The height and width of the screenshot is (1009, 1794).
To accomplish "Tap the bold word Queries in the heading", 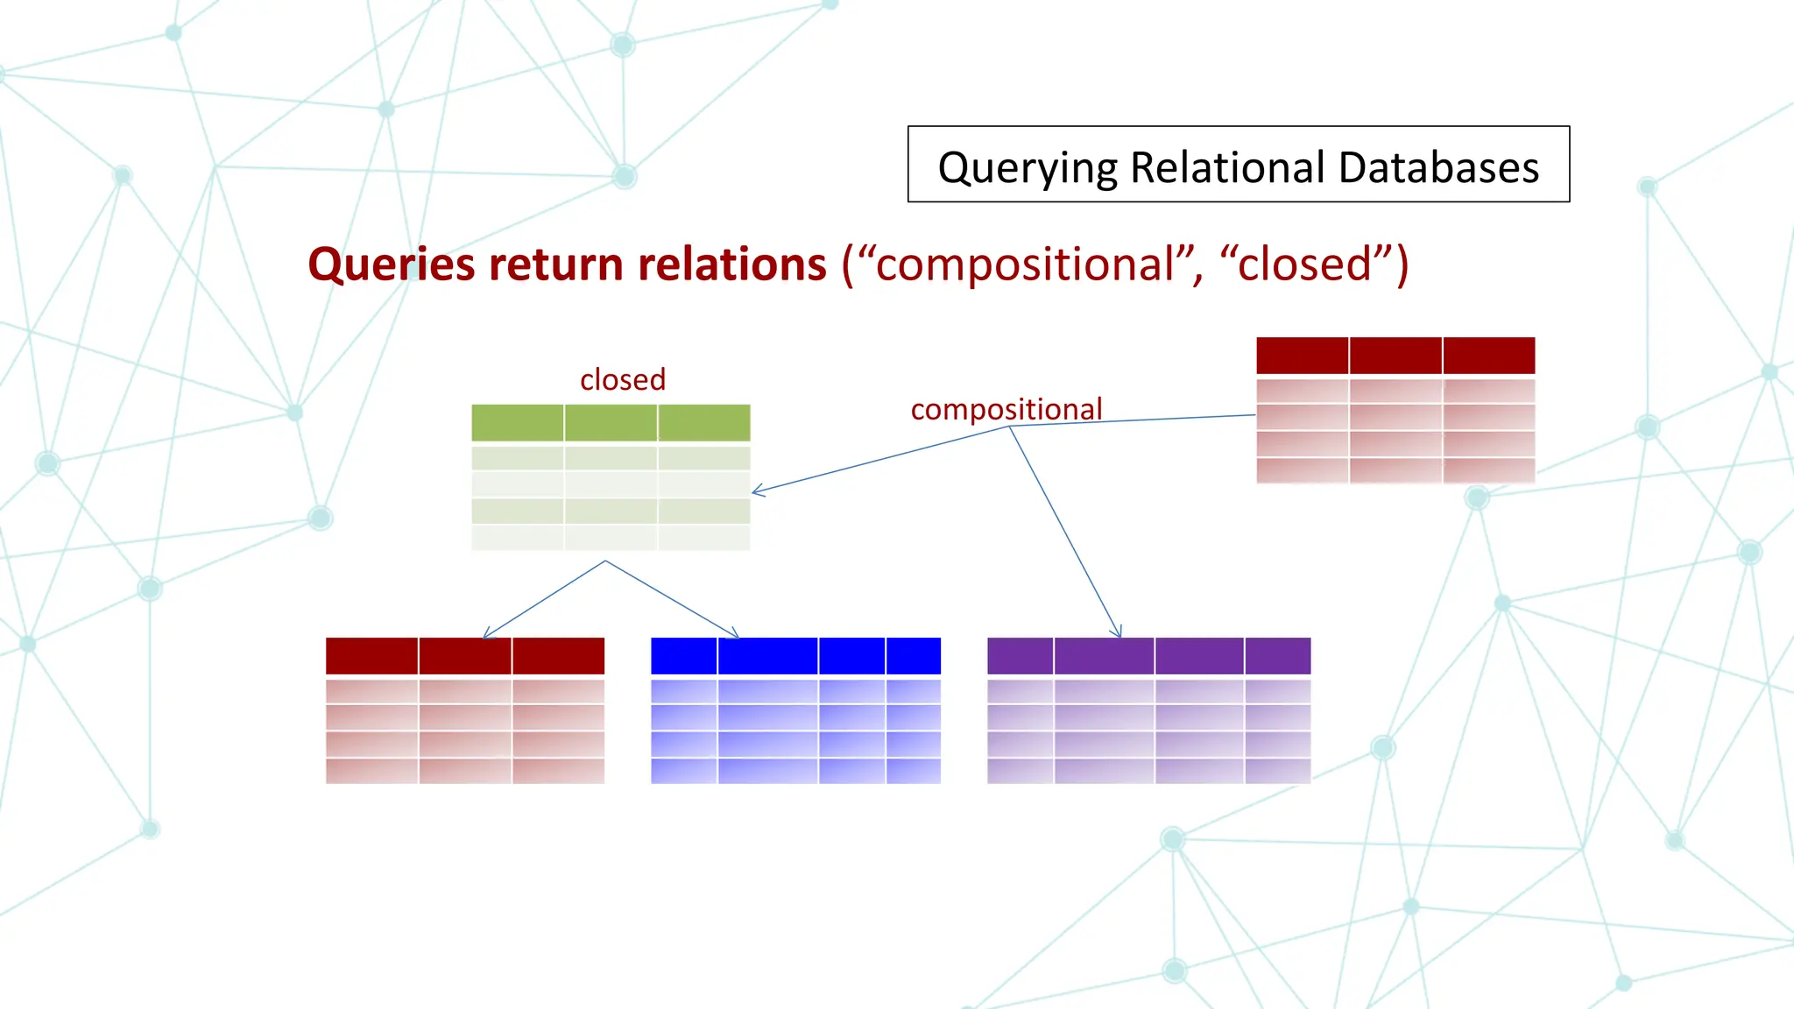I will click(x=392, y=264).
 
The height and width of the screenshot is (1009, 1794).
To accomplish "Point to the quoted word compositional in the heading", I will click(x=1025, y=264).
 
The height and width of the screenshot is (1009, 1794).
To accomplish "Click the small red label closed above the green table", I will click(x=623, y=379).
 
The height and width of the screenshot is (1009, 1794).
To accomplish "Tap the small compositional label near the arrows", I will click(x=1006, y=409).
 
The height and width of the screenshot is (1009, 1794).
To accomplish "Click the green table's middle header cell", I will click(x=611, y=423).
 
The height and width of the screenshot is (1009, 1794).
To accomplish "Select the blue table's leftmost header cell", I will click(x=683, y=656).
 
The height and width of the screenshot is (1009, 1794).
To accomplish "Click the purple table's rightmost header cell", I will click(x=1277, y=656).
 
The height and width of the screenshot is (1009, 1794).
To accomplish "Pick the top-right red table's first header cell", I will click(x=1302, y=356).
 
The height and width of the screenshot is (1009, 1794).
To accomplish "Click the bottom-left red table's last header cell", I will click(x=558, y=656).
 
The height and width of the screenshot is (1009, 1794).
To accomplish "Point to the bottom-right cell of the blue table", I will click(x=913, y=771).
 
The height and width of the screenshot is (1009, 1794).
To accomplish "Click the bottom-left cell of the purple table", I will click(x=1020, y=771).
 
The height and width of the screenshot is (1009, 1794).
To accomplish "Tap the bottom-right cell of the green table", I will click(x=703, y=537).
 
